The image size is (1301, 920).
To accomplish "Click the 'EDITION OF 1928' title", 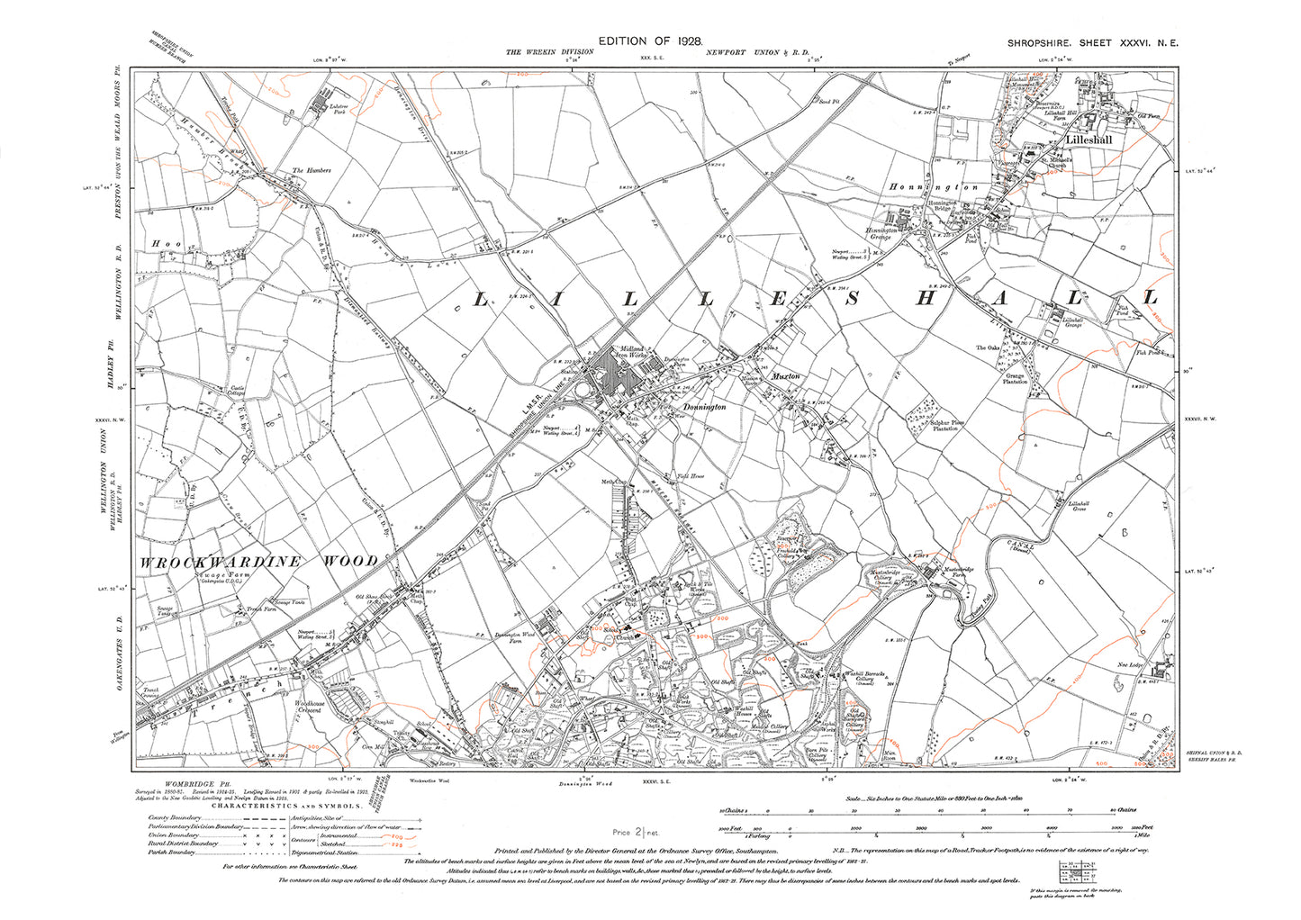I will (649, 41).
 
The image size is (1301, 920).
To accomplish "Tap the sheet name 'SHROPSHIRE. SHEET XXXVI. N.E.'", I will (1090, 43).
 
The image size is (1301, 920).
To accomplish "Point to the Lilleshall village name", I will (1089, 140).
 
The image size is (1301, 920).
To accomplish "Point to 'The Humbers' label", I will (311, 170).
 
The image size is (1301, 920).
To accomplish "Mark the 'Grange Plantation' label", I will (1015, 379).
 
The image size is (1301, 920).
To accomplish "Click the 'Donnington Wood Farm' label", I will (515, 638).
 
